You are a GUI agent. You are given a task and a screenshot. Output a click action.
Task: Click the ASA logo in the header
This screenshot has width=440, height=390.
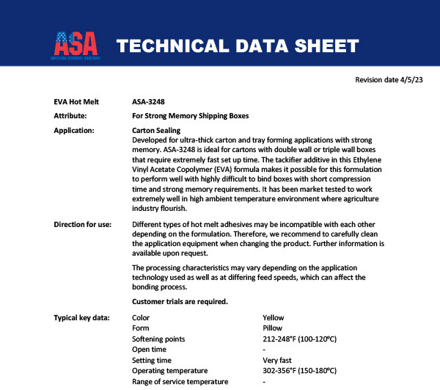click(76, 45)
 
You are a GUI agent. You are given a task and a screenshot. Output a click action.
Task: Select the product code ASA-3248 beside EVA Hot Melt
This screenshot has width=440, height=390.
click(149, 101)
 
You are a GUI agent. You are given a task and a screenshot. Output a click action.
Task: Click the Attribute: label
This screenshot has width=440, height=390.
click(71, 116)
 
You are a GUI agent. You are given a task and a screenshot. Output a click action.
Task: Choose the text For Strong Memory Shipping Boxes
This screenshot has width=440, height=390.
click(191, 116)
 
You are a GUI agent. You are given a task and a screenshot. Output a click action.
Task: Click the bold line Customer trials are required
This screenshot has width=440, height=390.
click(180, 301)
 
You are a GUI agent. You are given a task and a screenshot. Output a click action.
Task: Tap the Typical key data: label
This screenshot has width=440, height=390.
click(82, 317)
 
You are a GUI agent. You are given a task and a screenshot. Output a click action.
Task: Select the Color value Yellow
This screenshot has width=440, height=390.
click(274, 317)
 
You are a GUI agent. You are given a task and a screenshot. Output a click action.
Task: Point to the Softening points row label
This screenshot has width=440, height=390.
click(158, 339)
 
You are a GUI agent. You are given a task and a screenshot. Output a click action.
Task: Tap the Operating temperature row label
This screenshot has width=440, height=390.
click(170, 371)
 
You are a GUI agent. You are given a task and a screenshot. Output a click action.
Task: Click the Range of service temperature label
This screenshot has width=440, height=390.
click(180, 382)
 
